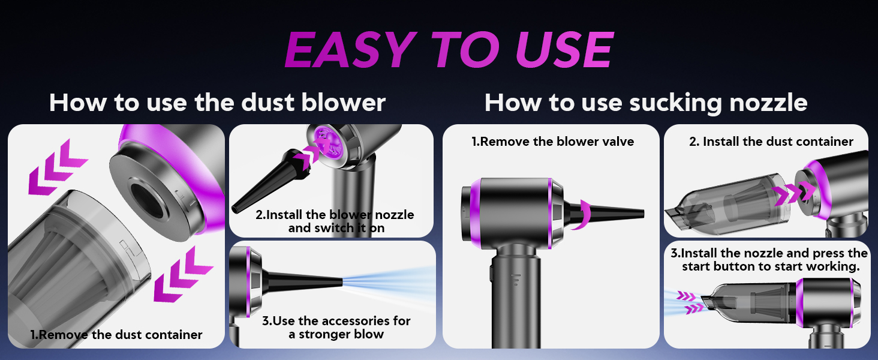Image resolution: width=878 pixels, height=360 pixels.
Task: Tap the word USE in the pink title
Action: click(x=564, y=49)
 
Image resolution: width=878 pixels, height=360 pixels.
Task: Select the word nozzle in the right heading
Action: click(x=768, y=103)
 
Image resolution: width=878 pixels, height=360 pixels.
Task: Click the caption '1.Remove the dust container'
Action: click(x=116, y=335)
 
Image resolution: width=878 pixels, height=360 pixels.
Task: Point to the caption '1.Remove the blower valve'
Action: click(x=553, y=141)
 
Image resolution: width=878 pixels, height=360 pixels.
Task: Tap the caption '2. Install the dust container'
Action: click(x=771, y=141)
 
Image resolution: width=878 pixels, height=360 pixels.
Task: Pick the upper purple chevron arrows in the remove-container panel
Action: click(x=58, y=167)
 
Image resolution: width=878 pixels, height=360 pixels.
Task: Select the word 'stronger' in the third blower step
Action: click(x=324, y=334)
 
